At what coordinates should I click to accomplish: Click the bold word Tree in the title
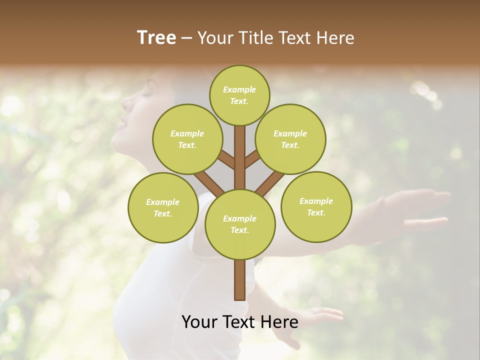pos(156,37)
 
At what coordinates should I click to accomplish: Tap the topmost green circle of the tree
pos(239,95)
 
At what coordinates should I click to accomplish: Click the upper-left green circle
pos(187,139)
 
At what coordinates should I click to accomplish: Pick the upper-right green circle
pos(290,139)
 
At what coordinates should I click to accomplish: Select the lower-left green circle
pos(163,207)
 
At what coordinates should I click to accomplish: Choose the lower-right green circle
pos(316,206)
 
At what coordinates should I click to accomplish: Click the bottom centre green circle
pos(240,224)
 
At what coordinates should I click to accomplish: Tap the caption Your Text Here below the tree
pos(239,322)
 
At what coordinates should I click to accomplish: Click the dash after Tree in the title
pos(186,38)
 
